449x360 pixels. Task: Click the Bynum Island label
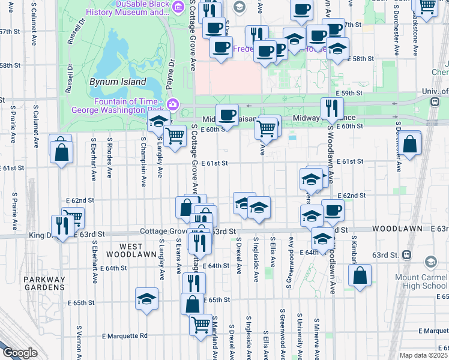click(x=118, y=82)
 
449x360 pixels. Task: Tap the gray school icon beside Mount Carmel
click(x=431, y=262)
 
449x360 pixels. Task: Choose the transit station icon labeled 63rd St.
click(x=408, y=254)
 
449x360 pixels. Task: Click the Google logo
click(x=19, y=353)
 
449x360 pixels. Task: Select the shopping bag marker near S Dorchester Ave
click(x=409, y=144)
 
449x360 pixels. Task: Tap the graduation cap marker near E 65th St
click(x=146, y=298)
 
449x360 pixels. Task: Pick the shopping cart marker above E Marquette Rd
click(x=200, y=324)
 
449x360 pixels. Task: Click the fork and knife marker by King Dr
click(x=62, y=225)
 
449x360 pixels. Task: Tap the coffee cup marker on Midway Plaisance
click(x=227, y=114)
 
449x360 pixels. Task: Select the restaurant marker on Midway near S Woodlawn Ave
click(x=330, y=108)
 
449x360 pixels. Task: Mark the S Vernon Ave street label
click(x=79, y=343)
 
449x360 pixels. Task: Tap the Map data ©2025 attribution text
click(x=424, y=355)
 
